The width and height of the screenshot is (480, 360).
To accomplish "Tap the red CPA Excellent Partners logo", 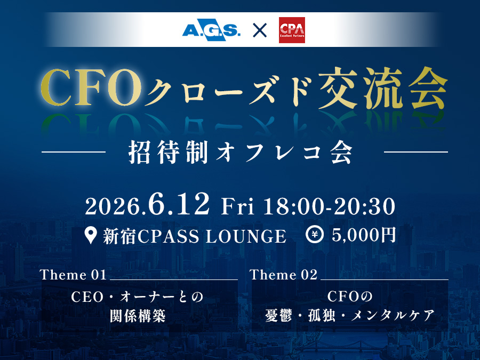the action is pos(292,30).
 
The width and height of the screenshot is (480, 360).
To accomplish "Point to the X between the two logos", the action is pos(260,30).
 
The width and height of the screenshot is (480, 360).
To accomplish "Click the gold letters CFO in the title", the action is pos(91,87).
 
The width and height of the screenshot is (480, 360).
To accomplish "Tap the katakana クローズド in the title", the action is pos(230,91).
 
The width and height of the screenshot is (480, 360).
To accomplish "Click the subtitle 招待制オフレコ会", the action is pos(241,152).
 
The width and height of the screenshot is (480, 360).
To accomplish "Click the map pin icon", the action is pos(91,235).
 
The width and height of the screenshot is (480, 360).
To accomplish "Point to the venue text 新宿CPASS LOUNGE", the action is pos(195,236).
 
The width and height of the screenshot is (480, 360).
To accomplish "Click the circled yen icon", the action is pos(315,235).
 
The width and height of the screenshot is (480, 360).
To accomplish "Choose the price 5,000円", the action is pos(364,235).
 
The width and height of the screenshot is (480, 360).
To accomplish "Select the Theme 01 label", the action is pos(73,275).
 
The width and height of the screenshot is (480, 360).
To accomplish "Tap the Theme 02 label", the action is pos(284,275).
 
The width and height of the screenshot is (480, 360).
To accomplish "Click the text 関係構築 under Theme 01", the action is pos(138,316).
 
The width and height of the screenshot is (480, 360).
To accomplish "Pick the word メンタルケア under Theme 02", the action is pos(393,316).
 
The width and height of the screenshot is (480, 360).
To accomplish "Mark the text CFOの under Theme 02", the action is pos(349,297).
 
